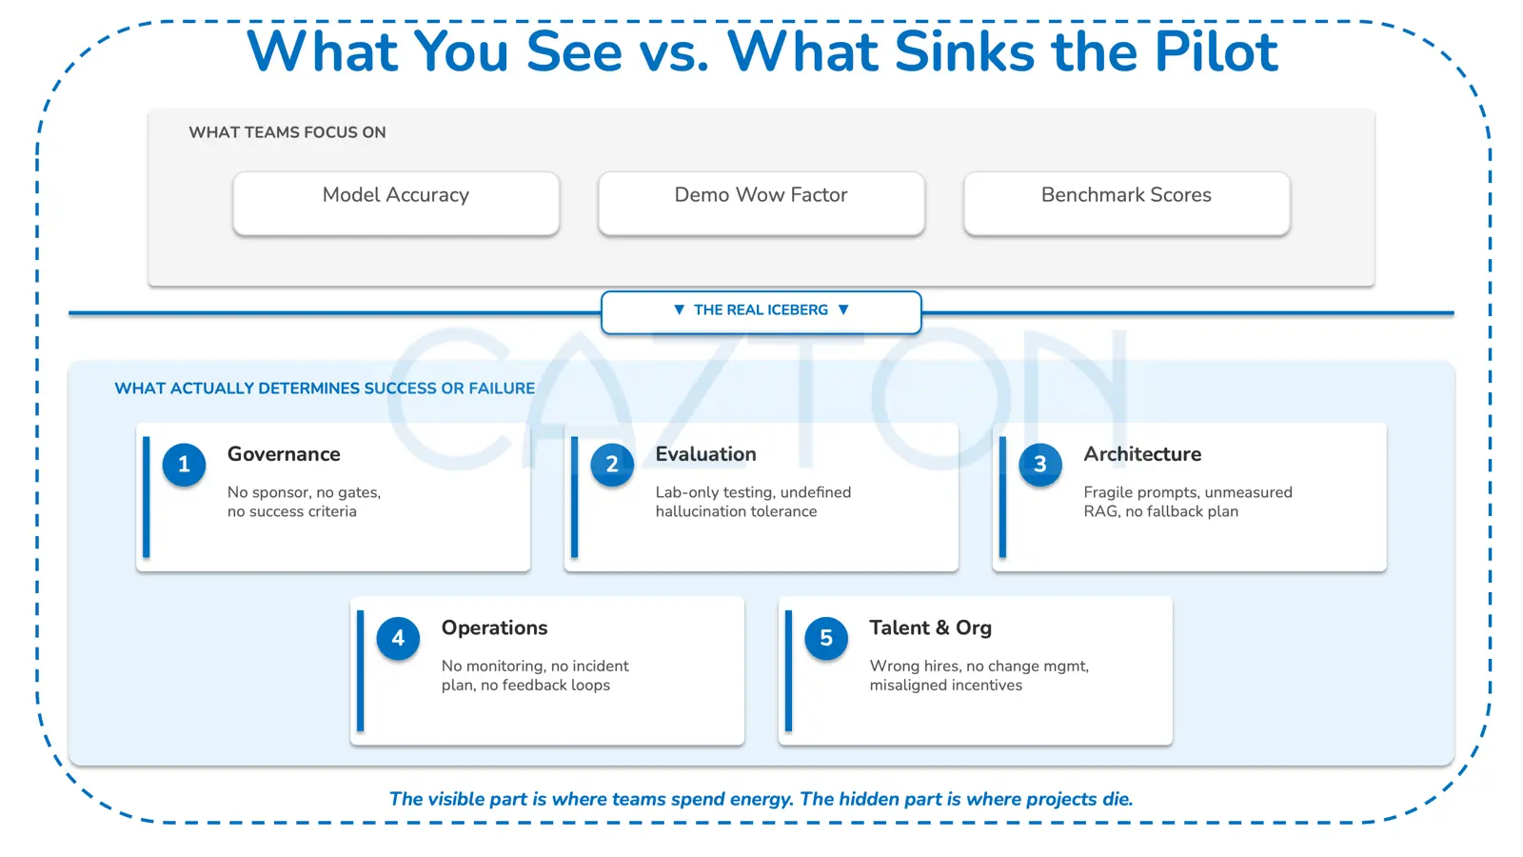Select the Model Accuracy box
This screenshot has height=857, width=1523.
tap(396, 204)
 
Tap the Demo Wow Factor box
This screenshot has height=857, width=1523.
tap(761, 204)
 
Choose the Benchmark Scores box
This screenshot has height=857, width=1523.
tap(1127, 204)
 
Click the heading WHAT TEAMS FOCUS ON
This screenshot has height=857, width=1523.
tap(287, 132)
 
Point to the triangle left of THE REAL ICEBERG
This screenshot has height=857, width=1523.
tap(679, 310)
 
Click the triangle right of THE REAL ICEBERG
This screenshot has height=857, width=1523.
tap(843, 310)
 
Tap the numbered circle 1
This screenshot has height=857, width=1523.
tap(184, 465)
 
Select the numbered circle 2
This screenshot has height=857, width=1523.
tap(612, 465)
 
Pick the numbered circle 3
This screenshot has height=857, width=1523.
tap(1040, 465)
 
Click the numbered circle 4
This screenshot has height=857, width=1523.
tap(398, 638)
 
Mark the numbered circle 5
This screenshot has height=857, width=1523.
tap(826, 638)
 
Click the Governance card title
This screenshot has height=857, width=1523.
tap(284, 454)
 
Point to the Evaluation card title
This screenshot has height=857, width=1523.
tap(705, 454)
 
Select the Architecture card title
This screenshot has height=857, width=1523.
tap(1142, 454)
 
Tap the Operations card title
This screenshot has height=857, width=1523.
tap(494, 628)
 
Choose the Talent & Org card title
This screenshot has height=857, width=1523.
tap(931, 628)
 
